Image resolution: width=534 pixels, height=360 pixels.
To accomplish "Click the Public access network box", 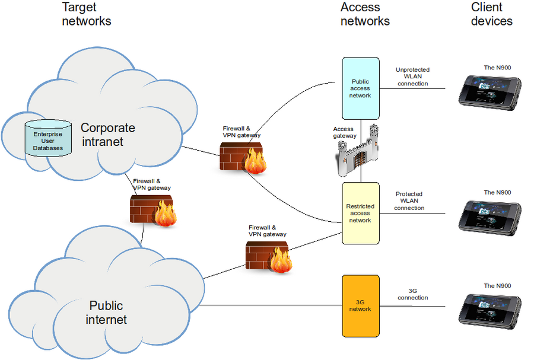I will coord(360,88).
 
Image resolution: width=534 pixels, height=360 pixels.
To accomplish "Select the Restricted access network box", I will coord(360,213).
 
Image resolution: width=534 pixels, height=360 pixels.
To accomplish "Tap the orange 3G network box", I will coord(360,305).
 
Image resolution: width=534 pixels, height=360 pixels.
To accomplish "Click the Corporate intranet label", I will coord(107,135).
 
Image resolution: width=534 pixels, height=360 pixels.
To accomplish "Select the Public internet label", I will coord(106,313).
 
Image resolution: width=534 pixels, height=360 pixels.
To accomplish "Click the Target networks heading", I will coord(86,14).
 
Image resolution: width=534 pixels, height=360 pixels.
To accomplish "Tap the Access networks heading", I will coord(365,14).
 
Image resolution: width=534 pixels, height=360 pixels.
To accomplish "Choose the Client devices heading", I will coord(491,14).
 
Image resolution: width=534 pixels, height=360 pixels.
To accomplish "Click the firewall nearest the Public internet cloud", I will coord(268,256).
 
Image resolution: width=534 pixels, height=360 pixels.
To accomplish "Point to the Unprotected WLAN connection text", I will coord(412,77).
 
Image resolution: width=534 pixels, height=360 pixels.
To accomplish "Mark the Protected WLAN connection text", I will coord(409,201).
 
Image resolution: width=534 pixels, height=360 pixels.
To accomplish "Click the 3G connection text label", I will coord(413,294).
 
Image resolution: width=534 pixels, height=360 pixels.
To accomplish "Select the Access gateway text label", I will coord(344,132).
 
